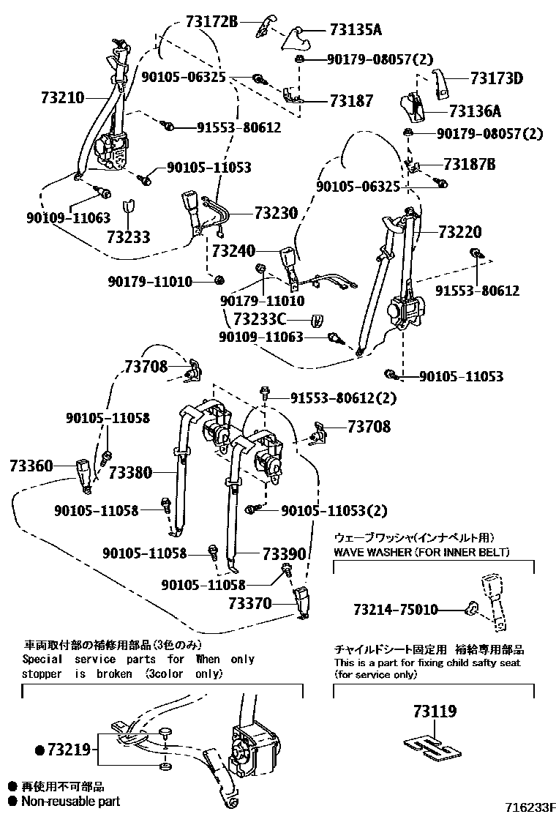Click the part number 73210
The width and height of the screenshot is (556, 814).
(64, 97)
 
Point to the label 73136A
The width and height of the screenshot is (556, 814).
(475, 111)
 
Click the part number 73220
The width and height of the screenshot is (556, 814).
(460, 232)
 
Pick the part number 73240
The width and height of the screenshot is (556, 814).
(233, 252)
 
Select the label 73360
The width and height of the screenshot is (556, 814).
(31, 465)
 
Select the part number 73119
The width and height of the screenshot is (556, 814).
(435, 710)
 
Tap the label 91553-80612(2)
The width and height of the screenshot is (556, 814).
(343, 397)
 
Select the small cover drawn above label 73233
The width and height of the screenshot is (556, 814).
(128, 207)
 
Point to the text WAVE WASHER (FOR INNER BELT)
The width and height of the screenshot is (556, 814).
(421, 551)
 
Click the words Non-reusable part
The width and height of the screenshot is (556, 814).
(70, 802)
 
